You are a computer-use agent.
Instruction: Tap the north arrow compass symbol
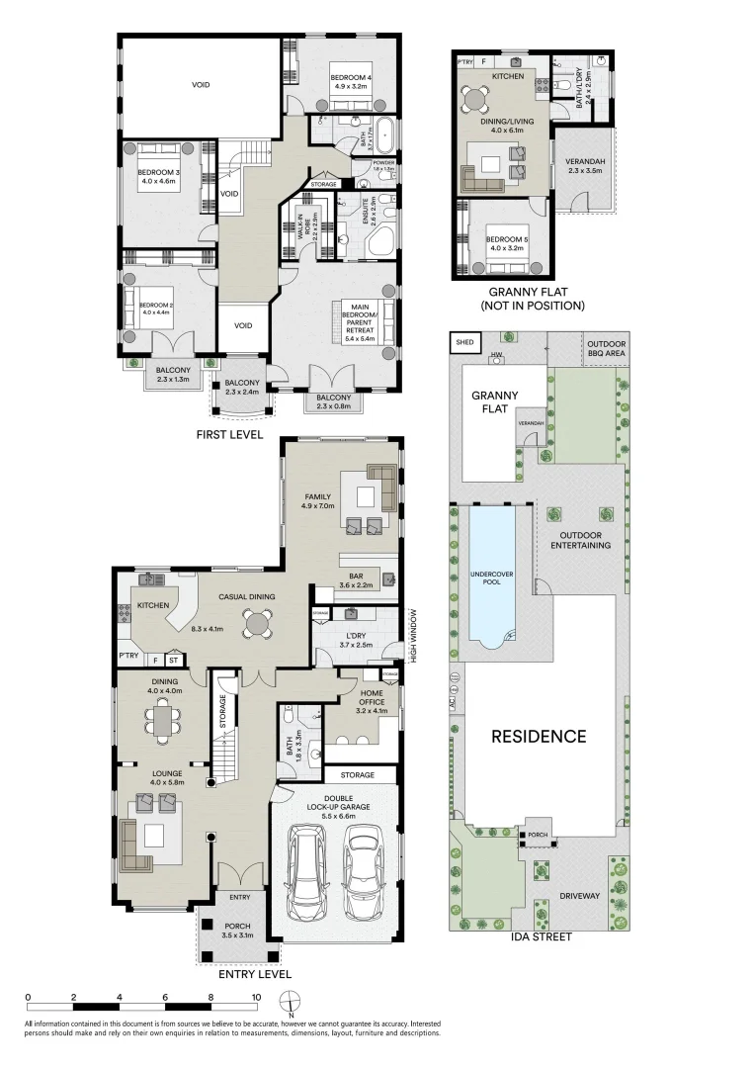tap(287, 1002)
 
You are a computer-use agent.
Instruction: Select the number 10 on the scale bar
tap(256, 997)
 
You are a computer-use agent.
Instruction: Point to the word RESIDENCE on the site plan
tap(540, 736)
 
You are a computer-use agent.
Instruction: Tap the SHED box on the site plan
tap(463, 343)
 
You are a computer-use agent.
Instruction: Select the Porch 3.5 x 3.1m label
tap(236, 930)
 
